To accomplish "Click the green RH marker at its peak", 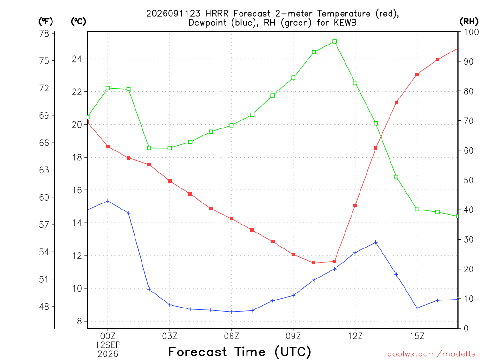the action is coord(335,41).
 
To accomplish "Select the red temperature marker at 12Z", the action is coord(355,206).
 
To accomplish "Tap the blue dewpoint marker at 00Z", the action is coord(108,201).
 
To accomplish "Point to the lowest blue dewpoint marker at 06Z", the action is coord(232,312).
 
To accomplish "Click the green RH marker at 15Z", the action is coord(417,210).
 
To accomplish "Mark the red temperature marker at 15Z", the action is coord(417,75).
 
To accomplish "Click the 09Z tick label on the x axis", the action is coord(293,337).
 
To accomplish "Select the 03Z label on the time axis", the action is coord(170,337).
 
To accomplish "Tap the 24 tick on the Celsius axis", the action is coord(77,59).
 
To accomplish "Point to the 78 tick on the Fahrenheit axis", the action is coord(45,33).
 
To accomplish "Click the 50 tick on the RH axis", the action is coord(468,180).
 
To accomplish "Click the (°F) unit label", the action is coord(45,22).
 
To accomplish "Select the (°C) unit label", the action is coord(78,22).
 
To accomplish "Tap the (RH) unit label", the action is coord(469,22).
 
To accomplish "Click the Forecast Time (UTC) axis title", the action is coord(240,352).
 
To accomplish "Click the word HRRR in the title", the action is coord(217,14).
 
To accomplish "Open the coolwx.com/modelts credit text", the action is coord(431,354).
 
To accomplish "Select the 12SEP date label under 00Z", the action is coord(108,345).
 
